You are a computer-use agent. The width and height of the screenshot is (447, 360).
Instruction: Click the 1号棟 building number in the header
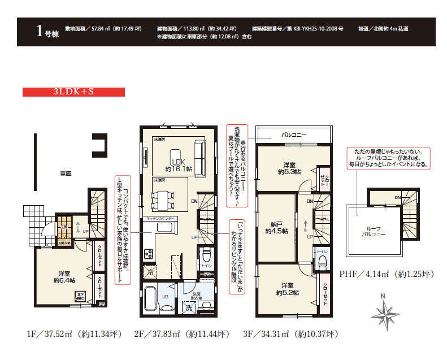pyautogui.click(x=46, y=32)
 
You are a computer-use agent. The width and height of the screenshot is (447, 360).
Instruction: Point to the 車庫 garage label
pyautogui.click(x=64, y=174)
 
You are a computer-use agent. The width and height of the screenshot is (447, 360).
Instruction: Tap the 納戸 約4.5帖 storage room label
pyautogui.click(x=276, y=227)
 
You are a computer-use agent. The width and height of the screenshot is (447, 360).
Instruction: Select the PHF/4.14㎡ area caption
pyautogui.click(x=386, y=274)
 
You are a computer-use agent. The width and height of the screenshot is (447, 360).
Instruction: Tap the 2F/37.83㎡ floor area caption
pyautogui.click(x=181, y=333)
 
